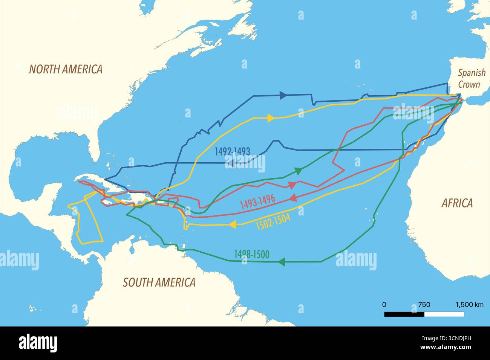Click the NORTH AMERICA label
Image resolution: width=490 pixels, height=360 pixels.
coord(66,69)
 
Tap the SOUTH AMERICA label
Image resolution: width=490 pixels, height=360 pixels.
coord(159,282)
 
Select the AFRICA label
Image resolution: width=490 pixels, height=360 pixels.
coord(457,203)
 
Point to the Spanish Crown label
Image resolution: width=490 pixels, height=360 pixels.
coord(471,78)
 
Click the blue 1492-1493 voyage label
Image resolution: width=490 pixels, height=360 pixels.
coord(232,151)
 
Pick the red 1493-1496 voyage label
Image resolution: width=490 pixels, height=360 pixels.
coord(257,202)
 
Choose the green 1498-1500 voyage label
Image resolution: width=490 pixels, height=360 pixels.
coord(251,255)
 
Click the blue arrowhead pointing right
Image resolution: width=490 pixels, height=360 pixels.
coord(283,96)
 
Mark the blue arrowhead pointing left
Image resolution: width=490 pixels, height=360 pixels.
coord(232,163)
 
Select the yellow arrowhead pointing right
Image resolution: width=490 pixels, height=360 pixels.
coord(270,118)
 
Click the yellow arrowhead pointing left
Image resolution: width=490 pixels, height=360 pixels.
coord(233,224)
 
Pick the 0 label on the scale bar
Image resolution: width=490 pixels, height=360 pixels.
coord(384,305)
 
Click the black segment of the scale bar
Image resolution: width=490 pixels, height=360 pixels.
coord(404,314)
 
